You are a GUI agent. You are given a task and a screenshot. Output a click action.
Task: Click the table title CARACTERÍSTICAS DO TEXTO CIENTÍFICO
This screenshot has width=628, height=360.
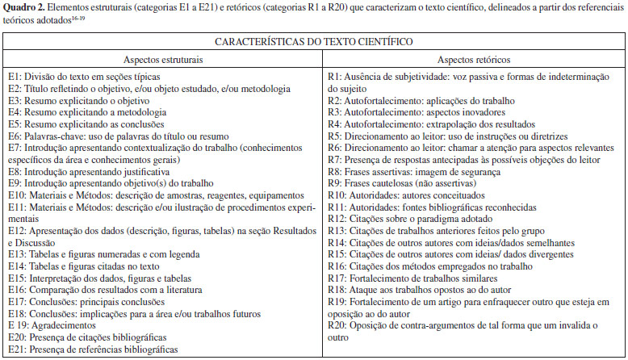tap(313, 40)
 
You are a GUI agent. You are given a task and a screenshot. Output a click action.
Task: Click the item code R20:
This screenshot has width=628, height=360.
tap(340, 325)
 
